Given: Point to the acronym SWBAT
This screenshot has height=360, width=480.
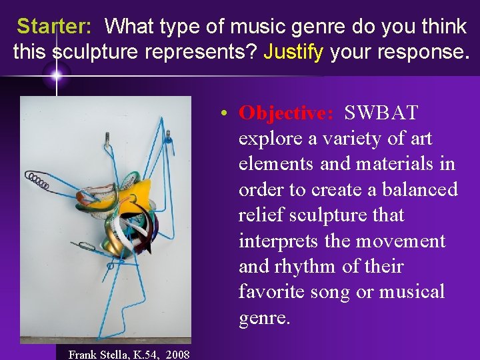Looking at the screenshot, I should point(381,113).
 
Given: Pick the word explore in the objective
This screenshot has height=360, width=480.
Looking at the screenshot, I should point(272,139).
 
